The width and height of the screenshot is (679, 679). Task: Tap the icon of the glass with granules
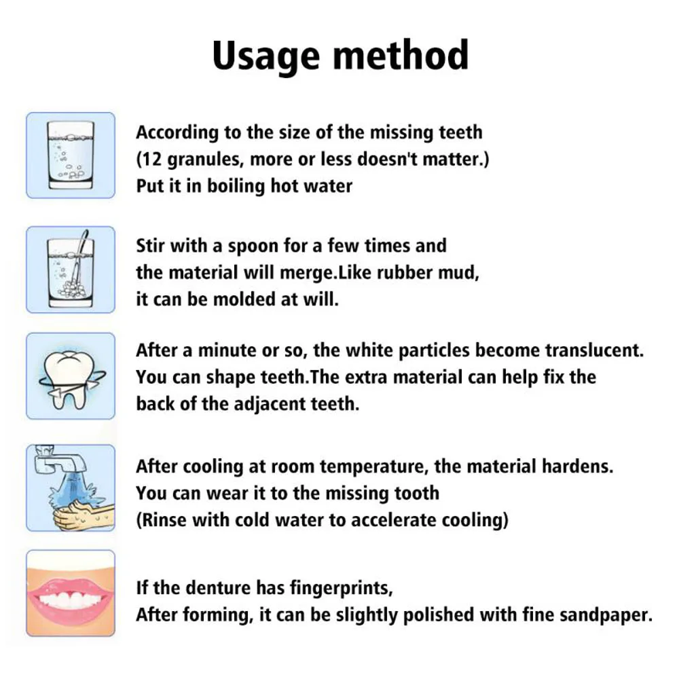click(71, 155)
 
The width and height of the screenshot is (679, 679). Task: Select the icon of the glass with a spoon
click(71, 270)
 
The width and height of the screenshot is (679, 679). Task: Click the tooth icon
click(71, 375)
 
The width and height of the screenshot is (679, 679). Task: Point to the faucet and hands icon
click(71, 488)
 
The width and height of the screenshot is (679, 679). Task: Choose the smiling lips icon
click(71, 593)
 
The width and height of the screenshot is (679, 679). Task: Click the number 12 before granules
click(153, 160)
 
